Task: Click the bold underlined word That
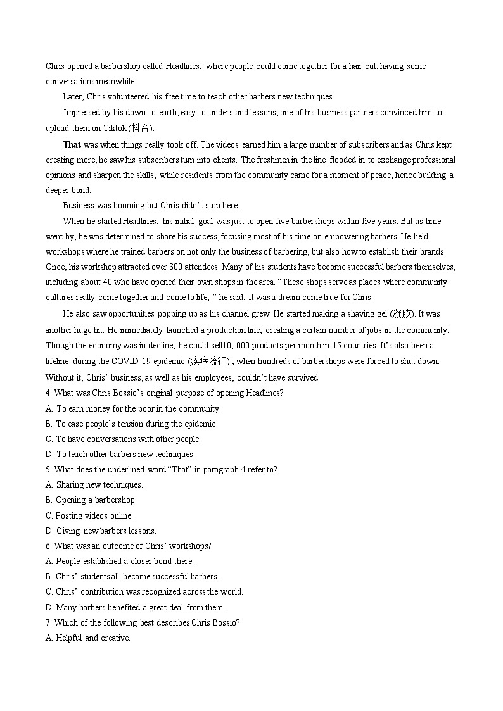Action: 72,144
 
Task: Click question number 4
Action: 48,393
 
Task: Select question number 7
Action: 48,622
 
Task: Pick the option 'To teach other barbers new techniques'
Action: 125,454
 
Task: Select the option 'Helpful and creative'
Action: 92,638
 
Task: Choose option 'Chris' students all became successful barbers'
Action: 137,576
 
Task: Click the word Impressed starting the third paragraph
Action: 82,112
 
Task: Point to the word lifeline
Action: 58,361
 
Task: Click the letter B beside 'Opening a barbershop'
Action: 49,500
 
